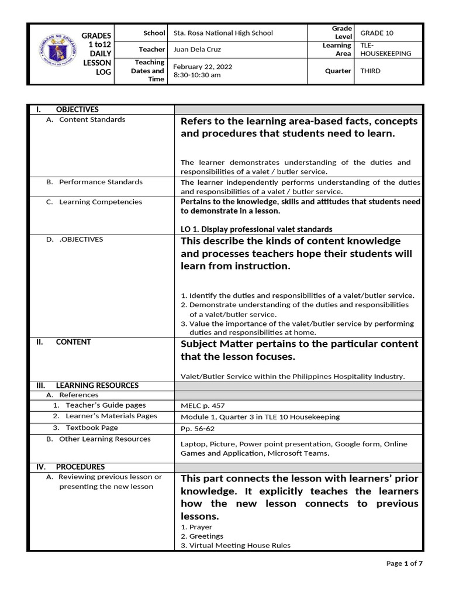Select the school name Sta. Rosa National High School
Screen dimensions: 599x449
pyautogui.click(x=223, y=33)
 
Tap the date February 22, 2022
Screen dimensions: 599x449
pyautogui.click(x=203, y=67)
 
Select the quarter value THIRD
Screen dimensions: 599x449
pyautogui.click(x=370, y=71)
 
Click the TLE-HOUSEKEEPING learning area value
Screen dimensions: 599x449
pyautogui.click(x=385, y=49)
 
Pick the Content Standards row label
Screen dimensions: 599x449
pyautogui.click(x=92, y=119)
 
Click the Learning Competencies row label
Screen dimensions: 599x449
pyautogui.click(x=100, y=202)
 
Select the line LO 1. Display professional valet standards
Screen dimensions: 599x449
pyautogui.click(x=257, y=229)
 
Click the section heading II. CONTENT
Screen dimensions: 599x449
pyautogui.click(x=64, y=342)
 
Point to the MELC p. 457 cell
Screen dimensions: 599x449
pyautogui.click(x=202, y=405)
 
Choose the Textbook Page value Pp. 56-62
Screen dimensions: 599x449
pyautogui.click(x=198, y=428)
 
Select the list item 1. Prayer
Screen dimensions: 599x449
pyautogui.click(x=196, y=527)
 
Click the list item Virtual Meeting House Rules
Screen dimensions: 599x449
pyautogui.click(x=239, y=545)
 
